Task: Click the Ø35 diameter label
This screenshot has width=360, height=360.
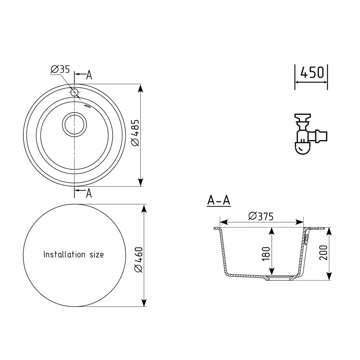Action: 60,69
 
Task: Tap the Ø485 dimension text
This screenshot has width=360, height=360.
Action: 135,133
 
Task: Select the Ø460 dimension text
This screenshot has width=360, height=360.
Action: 138,260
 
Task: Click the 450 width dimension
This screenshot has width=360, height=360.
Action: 312,73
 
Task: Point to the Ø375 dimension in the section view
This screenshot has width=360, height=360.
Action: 260,216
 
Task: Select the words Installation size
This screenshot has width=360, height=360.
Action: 73,254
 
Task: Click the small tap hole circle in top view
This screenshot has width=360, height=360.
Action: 74,93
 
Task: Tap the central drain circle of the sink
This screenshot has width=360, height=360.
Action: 74,124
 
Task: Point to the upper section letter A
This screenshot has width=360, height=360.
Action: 89,75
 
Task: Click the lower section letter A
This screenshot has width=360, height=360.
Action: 89,193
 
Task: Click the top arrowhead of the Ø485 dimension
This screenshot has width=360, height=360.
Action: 140,87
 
